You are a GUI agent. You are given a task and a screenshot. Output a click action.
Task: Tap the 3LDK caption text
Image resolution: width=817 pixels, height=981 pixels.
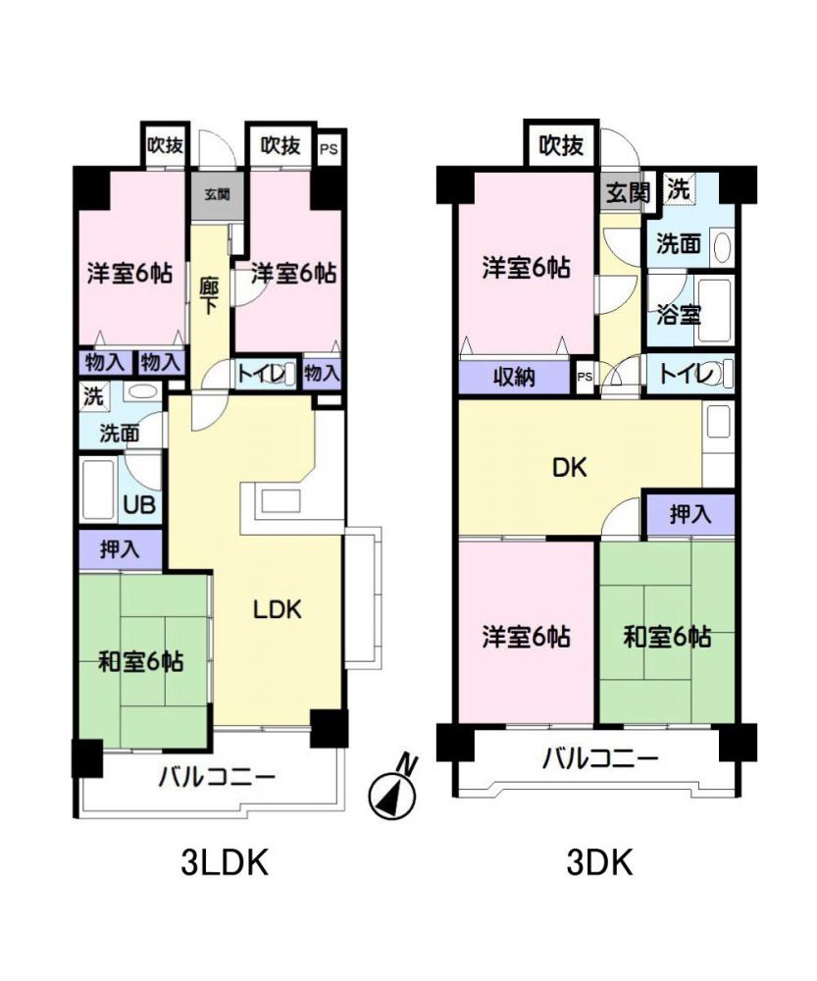(x=225, y=863)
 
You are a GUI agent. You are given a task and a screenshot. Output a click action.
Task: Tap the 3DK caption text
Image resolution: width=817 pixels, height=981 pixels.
(x=599, y=863)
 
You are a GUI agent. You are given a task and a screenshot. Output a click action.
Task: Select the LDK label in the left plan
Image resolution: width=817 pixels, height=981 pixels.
(x=278, y=609)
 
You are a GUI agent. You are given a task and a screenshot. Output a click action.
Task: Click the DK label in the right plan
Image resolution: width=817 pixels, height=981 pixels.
(x=569, y=467)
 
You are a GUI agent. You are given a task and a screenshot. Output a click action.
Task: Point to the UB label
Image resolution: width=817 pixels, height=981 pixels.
(x=139, y=504)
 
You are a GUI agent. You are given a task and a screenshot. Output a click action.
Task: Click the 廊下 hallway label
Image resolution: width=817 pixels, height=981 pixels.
(x=209, y=296)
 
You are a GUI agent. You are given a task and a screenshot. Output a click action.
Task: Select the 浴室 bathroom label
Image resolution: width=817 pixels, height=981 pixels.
(x=678, y=314)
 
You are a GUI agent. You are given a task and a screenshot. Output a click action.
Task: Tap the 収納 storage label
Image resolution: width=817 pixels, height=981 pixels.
(x=514, y=378)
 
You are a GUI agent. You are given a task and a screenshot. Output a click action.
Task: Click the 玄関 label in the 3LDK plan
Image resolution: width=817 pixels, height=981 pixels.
(x=217, y=193)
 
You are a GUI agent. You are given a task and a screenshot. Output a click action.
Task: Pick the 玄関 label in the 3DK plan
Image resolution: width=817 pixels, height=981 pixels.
(x=628, y=192)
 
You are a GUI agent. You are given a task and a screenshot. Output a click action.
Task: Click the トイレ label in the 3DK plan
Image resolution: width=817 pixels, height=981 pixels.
(x=687, y=374)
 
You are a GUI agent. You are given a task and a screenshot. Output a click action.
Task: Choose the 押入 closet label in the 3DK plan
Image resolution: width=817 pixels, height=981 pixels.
(x=690, y=514)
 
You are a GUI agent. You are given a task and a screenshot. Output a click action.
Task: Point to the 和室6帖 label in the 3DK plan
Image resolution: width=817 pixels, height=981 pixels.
(x=667, y=637)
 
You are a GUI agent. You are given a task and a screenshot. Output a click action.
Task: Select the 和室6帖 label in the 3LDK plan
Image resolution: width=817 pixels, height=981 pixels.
(x=141, y=661)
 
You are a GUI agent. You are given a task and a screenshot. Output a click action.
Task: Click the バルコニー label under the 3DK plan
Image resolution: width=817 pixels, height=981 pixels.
(x=600, y=759)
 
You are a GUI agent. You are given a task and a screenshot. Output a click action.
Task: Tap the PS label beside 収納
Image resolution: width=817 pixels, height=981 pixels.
(x=585, y=378)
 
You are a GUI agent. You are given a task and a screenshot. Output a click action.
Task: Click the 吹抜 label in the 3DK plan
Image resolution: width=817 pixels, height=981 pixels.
(x=562, y=146)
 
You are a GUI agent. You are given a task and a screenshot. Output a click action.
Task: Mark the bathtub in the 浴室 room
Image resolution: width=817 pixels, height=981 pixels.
(x=714, y=312)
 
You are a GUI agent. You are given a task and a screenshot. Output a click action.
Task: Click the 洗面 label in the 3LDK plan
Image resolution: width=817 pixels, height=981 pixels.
(x=119, y=433)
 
